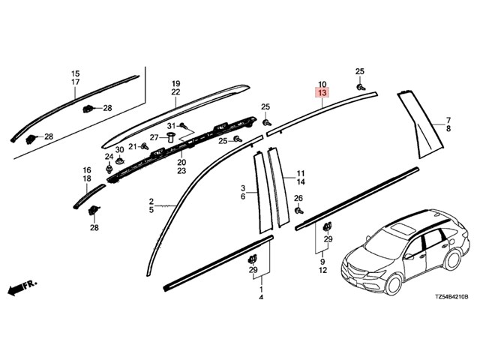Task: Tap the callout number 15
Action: [x=75, y=73]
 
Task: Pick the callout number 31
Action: [x=171, y=125]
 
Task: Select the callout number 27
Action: [x=154, y=137]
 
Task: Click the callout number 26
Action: [x=298, y=198]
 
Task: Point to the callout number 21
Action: [x=132, y=146]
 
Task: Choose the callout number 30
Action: [x=119, y=150]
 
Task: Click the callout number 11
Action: [x=301, y=172]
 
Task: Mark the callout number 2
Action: [x=151, y=201]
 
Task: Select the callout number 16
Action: [x=86, y=171]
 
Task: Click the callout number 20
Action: [x=181, y=162]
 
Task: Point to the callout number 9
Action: [x=322, y=260]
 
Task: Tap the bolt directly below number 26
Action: [x=298, y=211]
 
